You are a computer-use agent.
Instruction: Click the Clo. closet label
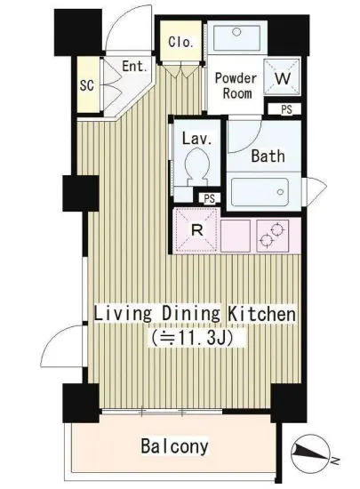(x=180, y=42)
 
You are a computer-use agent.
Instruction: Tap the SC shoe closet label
(x=86, y=84)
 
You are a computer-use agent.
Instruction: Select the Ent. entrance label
(x=134, y=66)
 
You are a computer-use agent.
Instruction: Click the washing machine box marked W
(x=283, y=76)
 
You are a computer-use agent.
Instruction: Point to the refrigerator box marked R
(x=196, y=230)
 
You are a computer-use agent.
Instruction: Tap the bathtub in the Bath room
(x=260, y=192)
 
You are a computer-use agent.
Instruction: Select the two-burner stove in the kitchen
(x=272, y=236)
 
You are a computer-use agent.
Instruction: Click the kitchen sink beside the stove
(x=236, y=236)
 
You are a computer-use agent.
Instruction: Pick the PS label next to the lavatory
(x=210, y=198)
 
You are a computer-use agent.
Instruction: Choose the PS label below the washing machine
(x=286, y=109)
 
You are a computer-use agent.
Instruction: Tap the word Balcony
(x=174, y=445)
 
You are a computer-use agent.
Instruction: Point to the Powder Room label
(x=236, y=85)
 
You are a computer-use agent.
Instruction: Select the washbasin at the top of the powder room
(x=236, y=37)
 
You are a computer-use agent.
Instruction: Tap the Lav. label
(x=197, y=138)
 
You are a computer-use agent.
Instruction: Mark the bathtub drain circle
(x=280, y=192)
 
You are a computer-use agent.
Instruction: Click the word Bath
(x=268, y=156)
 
